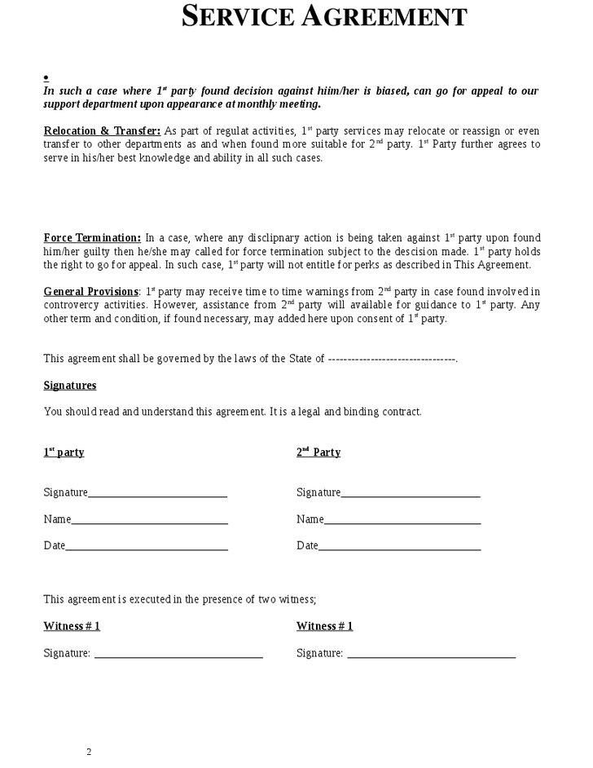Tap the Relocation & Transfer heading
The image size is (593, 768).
[x=102, y=131]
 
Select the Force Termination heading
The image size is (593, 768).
[x=92, y=238]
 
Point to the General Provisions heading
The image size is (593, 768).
[x=90, y=292]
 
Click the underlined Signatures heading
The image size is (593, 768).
[x=70, y=386]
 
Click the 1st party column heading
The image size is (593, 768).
[x=64, y=452]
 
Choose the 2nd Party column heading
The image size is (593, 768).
[x=318, y=452]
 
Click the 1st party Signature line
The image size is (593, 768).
[x=157, y=494]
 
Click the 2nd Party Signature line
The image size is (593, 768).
[x=411, y=494]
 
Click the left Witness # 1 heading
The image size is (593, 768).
[x=72, y=626]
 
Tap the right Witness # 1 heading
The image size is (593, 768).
[x=325, y=626]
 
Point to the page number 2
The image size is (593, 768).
[x=90, y=752]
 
